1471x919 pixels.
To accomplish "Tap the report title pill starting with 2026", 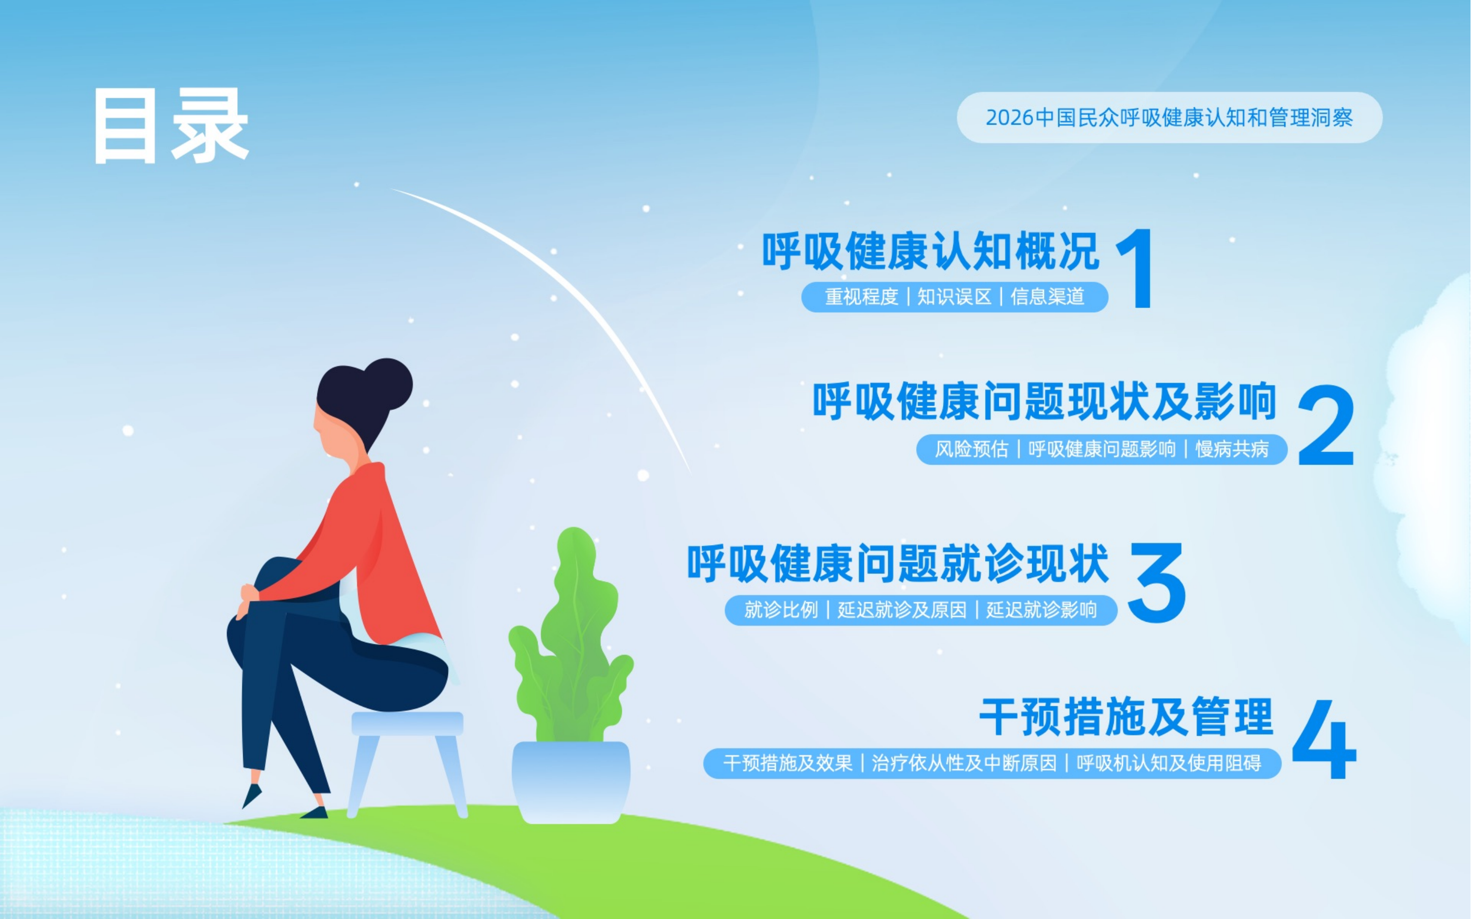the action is pyautogui.click(x=1170, y=118).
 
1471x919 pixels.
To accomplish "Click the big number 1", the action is pyautogui.click(x=1136, y=269).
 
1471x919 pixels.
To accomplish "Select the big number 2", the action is pyautogui.click(x=1326, y=425).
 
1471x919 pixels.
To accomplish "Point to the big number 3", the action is pyautogui.click(x=1157, y=582).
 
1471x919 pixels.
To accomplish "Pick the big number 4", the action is pyautogui.click(x=1324, y=739).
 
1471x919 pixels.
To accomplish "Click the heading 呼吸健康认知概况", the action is pyautogui.click(x=931, y=250).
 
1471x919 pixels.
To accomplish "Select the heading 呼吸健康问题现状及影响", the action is pyautogui.click(x=1045, y=401).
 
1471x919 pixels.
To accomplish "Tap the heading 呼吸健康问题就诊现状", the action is pyautogui.click(x=898, y=563).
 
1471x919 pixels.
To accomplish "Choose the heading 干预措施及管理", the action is pyautogui.click(x=1126, y=717).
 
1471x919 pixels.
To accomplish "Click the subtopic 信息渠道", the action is pyautogui.click(x=1047, y=296).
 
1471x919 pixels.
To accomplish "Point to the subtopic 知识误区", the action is pyautogui.click(x=954, y=296).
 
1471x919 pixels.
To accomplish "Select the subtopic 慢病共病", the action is pyautogui.click(x=1232, y=449).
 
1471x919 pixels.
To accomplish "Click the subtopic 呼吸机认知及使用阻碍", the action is pyautogui.click(x=1169, y=763).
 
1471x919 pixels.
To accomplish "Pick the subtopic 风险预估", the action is pyautogui.click(x=971, y=449).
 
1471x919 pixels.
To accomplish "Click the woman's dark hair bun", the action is pyautogui.click(x=387, y=384).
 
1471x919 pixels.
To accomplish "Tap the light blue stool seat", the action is pyautogui.click(x=407, y=723).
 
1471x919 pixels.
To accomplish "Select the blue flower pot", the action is pyautogui.click(x=571, y=782).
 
